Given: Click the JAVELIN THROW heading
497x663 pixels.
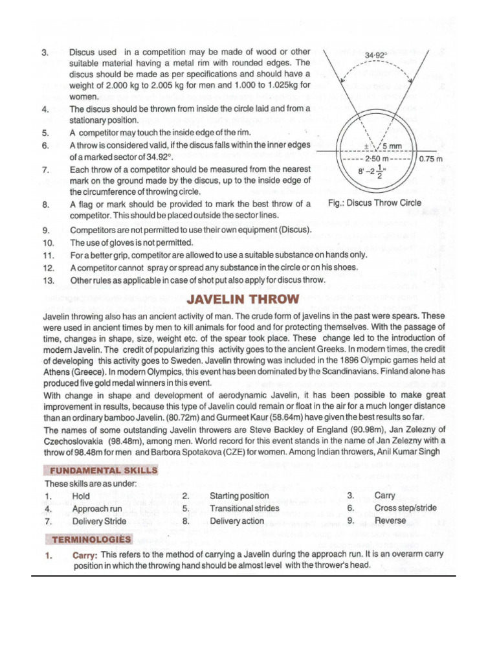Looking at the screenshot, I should click(243, 299).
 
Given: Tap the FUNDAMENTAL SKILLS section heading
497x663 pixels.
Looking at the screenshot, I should click(101, 470).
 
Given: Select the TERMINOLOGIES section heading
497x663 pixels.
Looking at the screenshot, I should click(87, 539).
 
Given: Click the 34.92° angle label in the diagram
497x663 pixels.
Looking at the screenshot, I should click(376, 56).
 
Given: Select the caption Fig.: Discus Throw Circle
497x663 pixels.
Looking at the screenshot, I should click(375, 203).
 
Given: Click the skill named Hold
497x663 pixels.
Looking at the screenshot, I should click(82, 496).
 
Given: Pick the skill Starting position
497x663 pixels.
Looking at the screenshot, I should click(239, 496).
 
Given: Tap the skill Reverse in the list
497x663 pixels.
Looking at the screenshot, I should click(390, 521).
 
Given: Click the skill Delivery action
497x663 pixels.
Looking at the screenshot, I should click(237, 521).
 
